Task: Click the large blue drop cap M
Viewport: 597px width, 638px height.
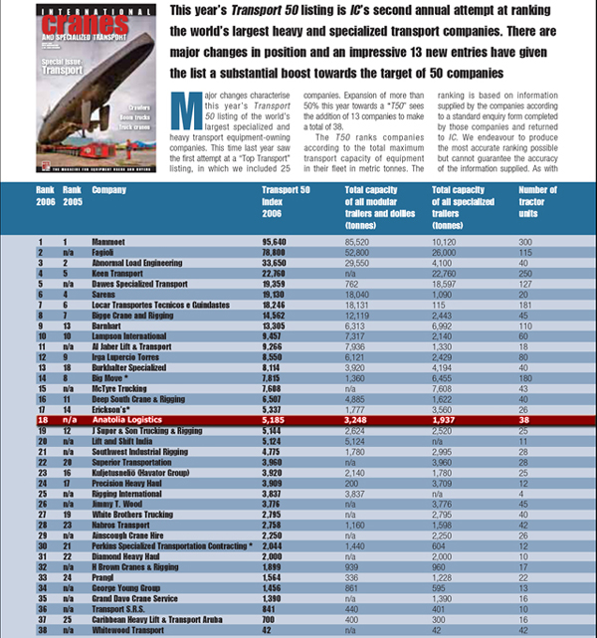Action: click(180, 104)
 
